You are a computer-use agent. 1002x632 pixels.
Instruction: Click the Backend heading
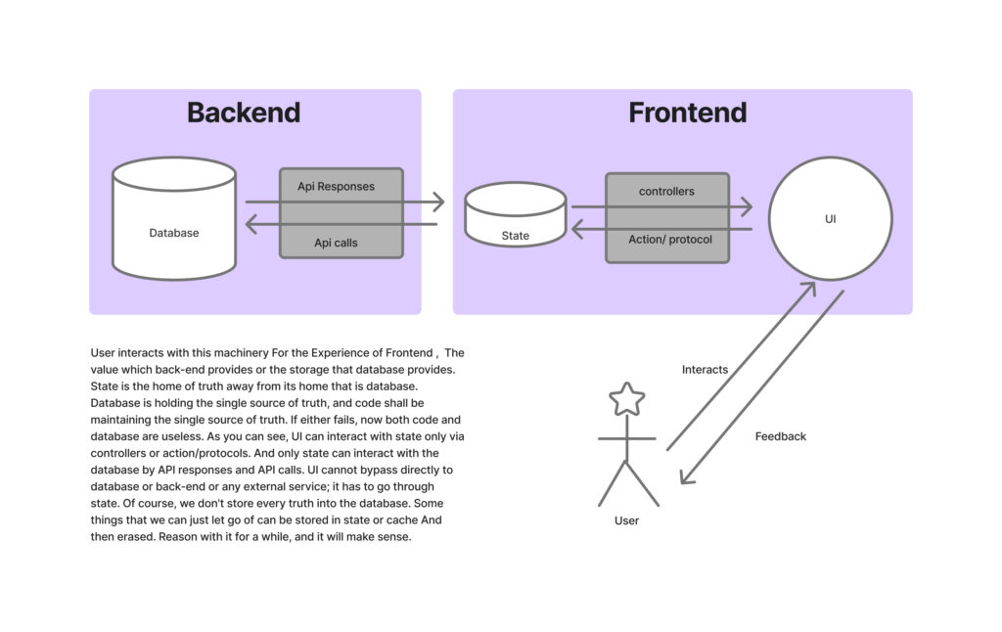coord(243,113)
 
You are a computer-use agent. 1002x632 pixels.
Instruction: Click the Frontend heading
coord(687,113)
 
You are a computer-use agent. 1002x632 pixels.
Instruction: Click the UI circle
coord(830,219)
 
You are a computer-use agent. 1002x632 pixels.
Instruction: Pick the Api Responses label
coord(336,186)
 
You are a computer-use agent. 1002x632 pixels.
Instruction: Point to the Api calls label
coord(336,243)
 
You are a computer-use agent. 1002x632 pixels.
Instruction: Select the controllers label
coord(666,192)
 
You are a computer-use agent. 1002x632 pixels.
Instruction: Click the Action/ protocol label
coord(670,240)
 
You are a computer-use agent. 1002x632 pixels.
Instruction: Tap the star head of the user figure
coord(626,399)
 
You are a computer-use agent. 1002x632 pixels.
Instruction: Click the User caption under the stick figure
coord(626,520)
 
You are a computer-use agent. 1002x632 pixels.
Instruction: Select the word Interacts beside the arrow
coord(705,370)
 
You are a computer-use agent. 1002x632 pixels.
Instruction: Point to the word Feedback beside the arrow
coord(780,436)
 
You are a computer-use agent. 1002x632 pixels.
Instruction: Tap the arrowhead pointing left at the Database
coord(250,225)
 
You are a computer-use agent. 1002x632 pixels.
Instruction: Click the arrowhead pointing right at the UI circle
coord(747,206)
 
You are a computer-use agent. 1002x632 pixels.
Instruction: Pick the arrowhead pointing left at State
coord(576,230)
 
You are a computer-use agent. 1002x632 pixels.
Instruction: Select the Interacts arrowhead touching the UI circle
coord(811,288)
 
